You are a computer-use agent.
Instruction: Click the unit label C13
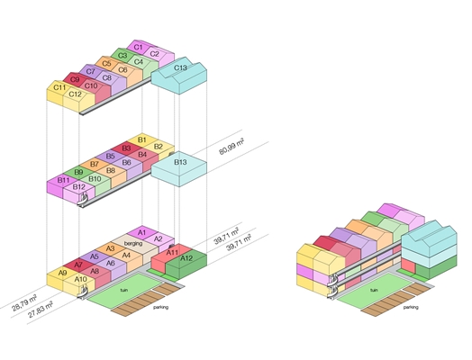(180, 67)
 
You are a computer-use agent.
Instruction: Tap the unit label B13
(180, 162)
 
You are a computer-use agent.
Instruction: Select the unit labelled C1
(138, 47)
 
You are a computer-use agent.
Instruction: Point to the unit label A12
(186, 258)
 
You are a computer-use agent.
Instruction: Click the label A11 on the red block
(172, 252)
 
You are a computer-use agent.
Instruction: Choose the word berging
(133, 243)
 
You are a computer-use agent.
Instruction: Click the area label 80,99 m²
(231, 147)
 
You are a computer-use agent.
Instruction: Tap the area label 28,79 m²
(24, 304)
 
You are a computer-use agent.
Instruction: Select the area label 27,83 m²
(41, 310)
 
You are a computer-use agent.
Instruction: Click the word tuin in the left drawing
(123, 290)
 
